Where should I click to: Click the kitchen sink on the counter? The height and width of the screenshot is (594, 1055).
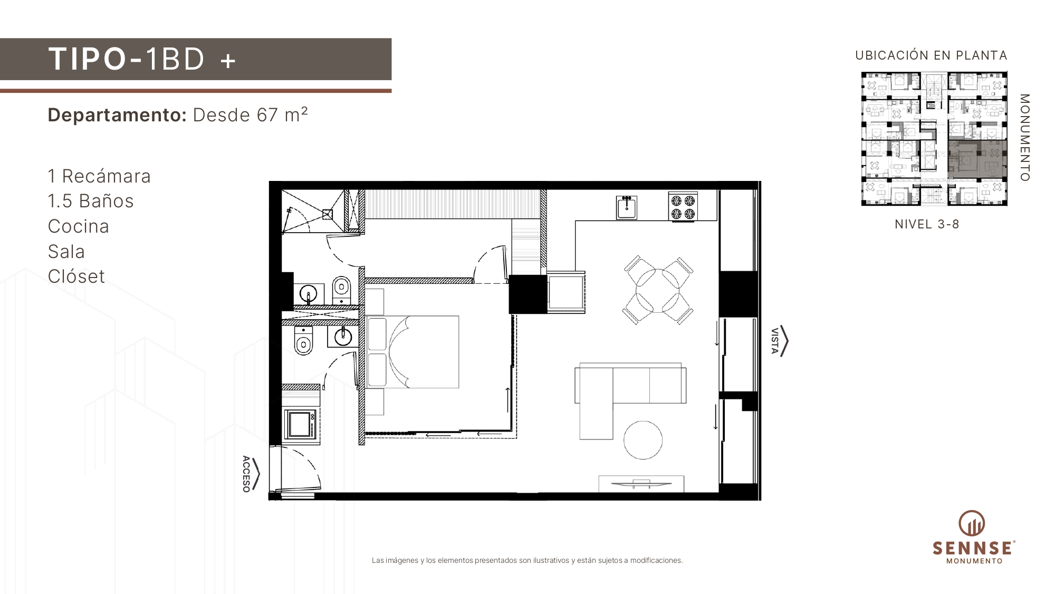click(627, 207)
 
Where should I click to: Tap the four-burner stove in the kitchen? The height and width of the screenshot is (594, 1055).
click(683, 207)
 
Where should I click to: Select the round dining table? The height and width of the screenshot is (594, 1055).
click(658, 291)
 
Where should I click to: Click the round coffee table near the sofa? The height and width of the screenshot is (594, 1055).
click(643, 440)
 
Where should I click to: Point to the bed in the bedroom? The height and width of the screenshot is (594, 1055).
click(412, 352)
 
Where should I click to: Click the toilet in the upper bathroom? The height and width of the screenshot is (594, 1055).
click(341, 290)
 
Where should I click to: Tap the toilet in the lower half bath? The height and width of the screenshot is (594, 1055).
click(303, 340)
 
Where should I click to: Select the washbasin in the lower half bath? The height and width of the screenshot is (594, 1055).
click(343, 337)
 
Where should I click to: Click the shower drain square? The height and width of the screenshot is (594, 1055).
click(328, 214)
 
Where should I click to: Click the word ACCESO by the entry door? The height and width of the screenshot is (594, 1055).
click(246, 474)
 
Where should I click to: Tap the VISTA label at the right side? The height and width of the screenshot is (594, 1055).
click(774, 341)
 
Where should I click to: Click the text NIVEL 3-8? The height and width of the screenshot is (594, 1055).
click(927, 224)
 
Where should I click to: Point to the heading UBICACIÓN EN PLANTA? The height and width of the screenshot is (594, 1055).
click(931, 55)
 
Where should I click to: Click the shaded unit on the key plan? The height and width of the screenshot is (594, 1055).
click(977, 159)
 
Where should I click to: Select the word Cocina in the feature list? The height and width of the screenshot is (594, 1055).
click(79, 226)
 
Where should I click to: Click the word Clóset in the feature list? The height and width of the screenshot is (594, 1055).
click(76, 276)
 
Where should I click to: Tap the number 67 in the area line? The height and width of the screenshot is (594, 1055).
click(267, 115)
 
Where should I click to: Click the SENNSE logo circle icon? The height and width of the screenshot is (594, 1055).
click(972, 523)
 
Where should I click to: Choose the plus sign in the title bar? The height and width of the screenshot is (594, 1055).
click(228, 61)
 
